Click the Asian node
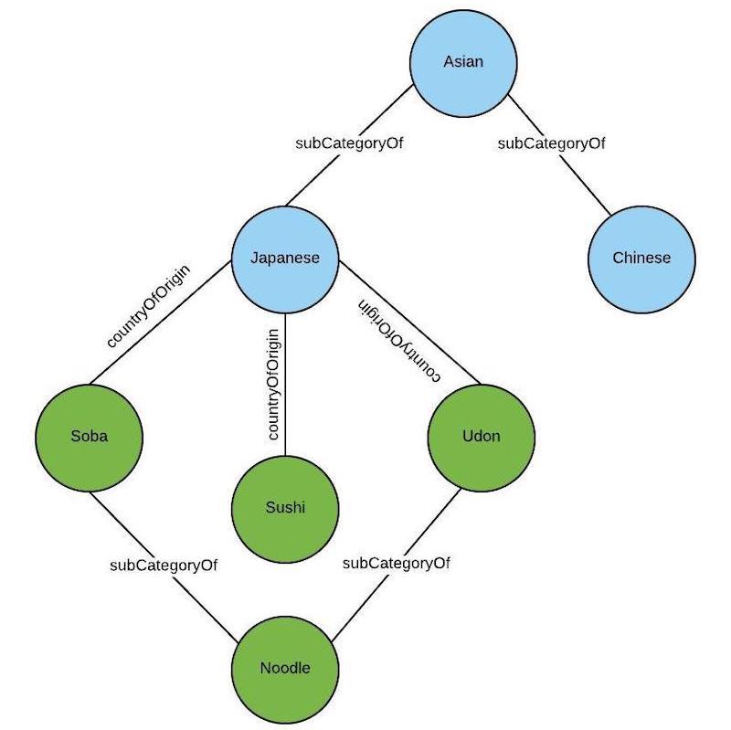462,62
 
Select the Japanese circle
285,259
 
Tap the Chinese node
641,259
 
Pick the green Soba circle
90,436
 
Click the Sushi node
286,508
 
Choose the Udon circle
482,436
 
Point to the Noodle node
285,668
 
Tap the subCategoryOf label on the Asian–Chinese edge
551,143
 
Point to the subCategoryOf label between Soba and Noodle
164,565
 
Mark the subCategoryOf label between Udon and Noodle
397,563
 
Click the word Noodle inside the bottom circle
285,668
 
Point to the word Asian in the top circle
462,62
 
